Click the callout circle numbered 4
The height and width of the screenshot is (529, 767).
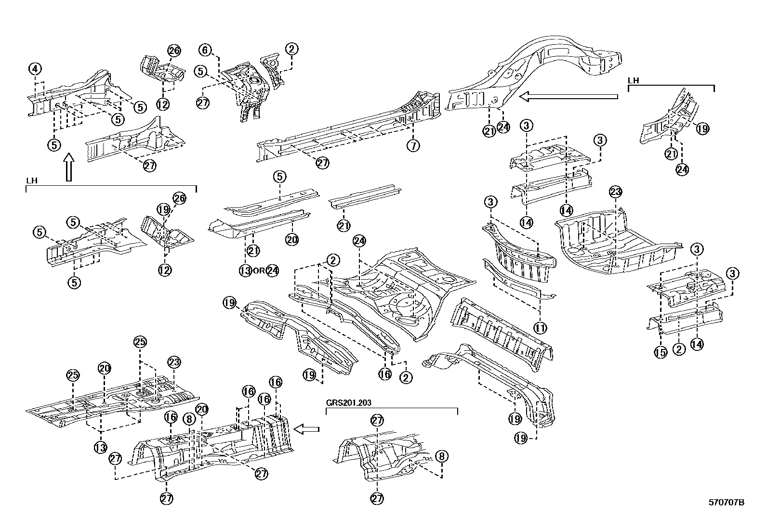pos(35,69)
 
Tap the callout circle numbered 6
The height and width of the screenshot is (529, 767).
pos(205,50)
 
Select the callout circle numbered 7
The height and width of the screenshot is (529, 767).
pos(413,145)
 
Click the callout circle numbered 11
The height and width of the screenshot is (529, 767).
pos(540,328)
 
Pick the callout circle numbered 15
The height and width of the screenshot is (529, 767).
pos(661,352)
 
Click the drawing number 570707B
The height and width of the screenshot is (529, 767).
pos(726,503)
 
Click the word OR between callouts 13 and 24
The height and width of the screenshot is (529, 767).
pos(259,271)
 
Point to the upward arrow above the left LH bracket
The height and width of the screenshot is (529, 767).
pos(68,167)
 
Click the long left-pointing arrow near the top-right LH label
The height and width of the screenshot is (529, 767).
pos(569,97)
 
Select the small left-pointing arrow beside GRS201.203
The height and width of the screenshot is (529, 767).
pos(306,428)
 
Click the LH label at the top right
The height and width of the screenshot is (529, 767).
pos(633,81)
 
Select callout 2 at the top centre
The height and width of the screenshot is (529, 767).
pos(291,49)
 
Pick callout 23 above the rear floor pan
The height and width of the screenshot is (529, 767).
pos(616,192)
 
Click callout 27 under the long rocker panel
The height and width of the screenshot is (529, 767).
pos(322,163)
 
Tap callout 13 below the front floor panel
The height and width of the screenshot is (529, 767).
pos(100,447)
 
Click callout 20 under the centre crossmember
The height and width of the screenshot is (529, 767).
pos(291,239)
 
